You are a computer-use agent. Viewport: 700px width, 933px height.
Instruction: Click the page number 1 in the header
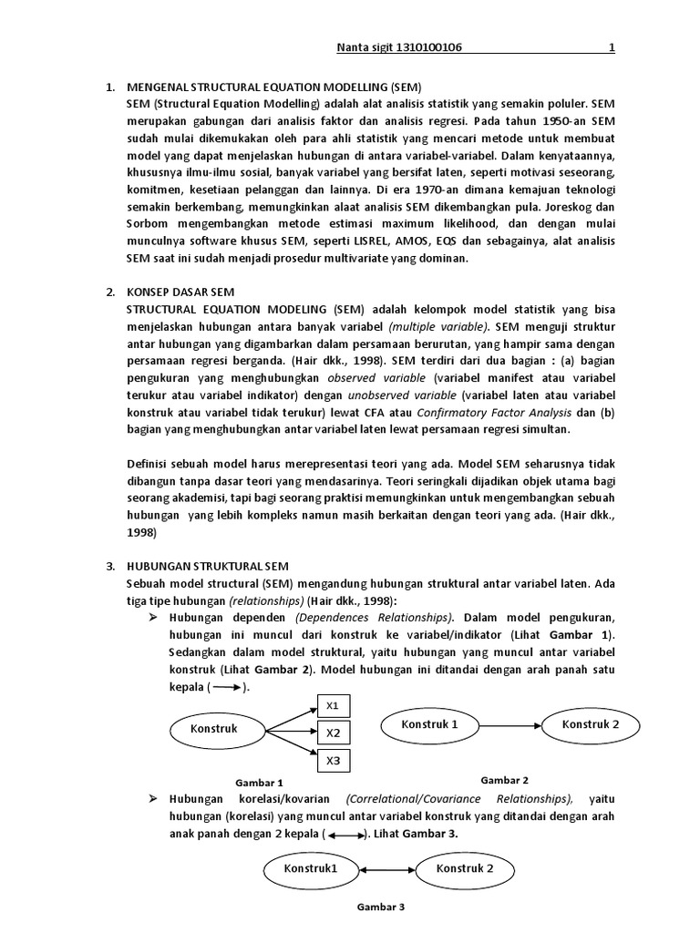pyautogui.click(x=612, y=47)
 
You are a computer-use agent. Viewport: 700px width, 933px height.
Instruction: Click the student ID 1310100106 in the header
pyautogui.click(x=429, y=47)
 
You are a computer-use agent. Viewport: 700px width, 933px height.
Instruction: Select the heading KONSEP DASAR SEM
pyautogui.click(x=180, y=292)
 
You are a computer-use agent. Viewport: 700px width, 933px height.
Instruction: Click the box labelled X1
pyautogui.click(x=333, y=705)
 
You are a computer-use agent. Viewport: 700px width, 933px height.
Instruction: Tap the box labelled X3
pyautogui.click(x=333, y=760)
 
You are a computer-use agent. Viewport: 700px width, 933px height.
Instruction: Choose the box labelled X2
pyautogui.click(x=333, y=733)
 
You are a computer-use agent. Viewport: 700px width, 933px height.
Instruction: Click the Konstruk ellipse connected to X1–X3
pyautogui.click(x=214, y=729)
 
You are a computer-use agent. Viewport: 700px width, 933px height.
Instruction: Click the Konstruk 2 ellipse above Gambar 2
pyautogui.click(x=590, y=725)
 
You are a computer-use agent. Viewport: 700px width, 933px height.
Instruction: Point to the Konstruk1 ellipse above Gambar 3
pyautogui.click(x=311, y=869)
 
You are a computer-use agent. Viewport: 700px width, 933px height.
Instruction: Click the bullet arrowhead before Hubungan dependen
pyautogui.click(x=154, y=618)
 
